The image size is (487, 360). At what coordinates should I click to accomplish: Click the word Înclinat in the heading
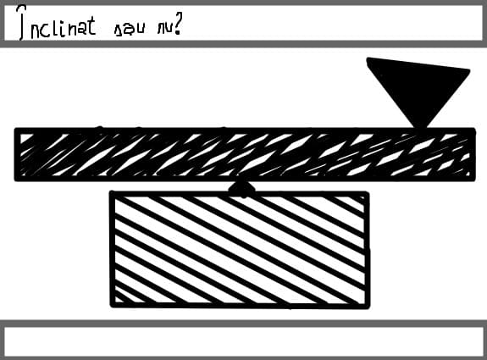(x=57, y=24)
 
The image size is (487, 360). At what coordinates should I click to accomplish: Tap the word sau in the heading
(x=130, y=30)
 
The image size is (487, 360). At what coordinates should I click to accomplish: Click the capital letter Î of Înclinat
(x=21, y=24)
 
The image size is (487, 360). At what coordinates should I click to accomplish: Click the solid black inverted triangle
(x=418, y=87)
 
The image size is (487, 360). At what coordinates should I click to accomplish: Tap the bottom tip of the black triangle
(x=420, y=127)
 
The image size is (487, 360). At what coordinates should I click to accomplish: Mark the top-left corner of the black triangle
(x=368, y=58)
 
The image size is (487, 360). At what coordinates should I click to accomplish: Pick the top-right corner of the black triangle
(x=469, y=71)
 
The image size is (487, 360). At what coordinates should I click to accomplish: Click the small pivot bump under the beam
(x=241, y=188)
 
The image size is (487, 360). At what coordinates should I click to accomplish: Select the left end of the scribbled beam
(x=15, y=154)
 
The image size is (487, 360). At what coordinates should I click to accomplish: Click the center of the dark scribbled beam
(x=245, y=154)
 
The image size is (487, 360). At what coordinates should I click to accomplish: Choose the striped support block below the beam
(x=240, y=250)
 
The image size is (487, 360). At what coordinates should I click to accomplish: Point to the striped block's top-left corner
(x=111, y=192)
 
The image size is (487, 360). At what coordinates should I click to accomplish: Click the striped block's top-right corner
(x=368, y=193)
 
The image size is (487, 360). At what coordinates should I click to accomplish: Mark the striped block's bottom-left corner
(x=112, y=307)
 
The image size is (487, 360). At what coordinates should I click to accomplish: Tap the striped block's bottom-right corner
(x=368, y=307)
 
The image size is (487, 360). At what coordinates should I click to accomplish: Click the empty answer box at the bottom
(x=244, y=341)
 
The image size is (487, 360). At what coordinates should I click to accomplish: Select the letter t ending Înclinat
(x=91, y=25)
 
